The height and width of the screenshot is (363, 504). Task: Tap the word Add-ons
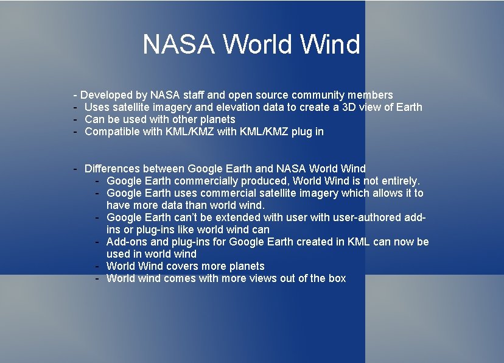pos(127,242)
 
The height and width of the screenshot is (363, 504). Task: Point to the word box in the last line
pos(337,278)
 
